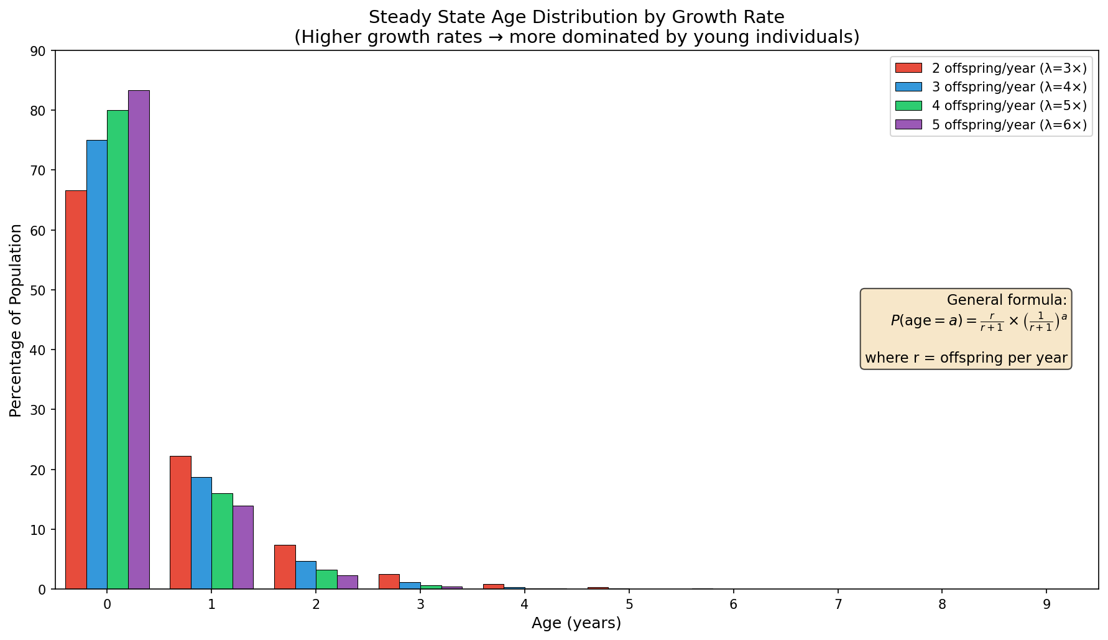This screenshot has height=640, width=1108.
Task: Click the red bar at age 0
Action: pos(76,390)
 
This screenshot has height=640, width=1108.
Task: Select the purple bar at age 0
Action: pos(139,340)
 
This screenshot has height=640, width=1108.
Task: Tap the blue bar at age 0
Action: pos(97,364)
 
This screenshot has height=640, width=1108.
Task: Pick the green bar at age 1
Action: pos(222,541)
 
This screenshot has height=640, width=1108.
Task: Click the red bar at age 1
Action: pos(180,522)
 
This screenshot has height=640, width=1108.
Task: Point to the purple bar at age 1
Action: pos(243,547)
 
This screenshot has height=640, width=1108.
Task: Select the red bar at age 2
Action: pos(285,567)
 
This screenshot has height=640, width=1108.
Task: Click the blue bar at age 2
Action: pos(306,575)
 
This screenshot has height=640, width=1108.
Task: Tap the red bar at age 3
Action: pos(389,582)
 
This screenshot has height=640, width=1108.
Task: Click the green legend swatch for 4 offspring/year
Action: pos(908,106)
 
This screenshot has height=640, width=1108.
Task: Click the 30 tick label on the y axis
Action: pos(38,410)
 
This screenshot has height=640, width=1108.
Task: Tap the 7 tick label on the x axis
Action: pos(838,605)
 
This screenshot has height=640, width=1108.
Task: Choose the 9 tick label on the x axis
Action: pos(1047,605)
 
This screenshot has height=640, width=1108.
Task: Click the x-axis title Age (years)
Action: pos(576,623)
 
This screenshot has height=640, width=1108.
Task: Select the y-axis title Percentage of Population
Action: pos(16,320)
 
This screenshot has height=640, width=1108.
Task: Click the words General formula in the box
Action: pos(1006,300)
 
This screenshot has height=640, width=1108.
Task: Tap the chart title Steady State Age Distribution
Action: pos(576,17)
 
